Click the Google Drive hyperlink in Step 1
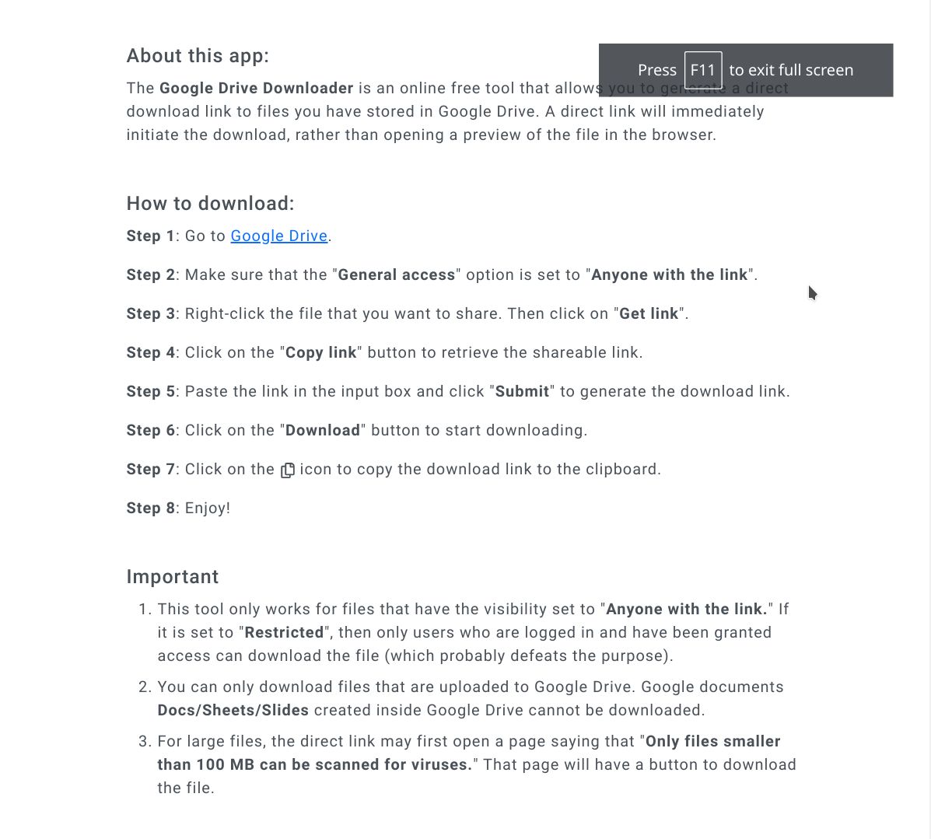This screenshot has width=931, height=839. point(279,236)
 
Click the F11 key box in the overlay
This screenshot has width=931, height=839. point(702,70)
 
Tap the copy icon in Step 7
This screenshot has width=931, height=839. point(288,470)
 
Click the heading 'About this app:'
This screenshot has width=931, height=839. point(198,56)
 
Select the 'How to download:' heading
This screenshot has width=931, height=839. point(210,204)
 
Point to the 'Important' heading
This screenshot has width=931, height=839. point(173,577)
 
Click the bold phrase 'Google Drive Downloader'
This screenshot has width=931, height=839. point(257,88)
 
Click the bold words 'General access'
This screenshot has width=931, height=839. point(397,274)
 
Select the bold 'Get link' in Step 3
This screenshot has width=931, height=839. point(649,313)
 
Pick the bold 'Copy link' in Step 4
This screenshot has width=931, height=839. point(321,352)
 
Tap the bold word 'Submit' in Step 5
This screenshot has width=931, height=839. point(522,391)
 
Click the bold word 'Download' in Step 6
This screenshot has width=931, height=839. point(323,430)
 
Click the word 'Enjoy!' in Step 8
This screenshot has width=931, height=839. point(208,508)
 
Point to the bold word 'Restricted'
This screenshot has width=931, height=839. point(284,632)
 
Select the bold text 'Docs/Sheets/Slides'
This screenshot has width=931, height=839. point(233,710)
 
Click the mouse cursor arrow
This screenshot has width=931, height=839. point(812,292)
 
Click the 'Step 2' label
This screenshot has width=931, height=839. point(151,274)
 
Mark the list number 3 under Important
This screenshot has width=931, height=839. point(144,741)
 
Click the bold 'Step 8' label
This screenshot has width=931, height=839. point(151,508)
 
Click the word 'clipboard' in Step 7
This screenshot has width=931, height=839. point(624,469)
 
